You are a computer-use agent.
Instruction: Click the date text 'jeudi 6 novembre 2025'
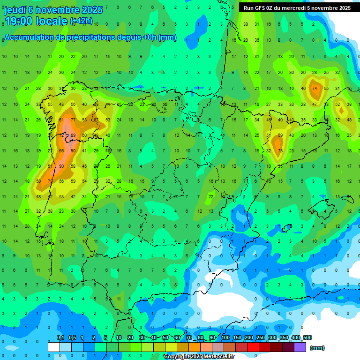[53, 10]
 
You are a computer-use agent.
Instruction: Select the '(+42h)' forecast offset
[81, 21]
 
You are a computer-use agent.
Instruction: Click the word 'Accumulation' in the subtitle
[31, 37]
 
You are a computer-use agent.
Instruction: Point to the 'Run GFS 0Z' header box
[297, 8]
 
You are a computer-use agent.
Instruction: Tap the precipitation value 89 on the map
[73, 135]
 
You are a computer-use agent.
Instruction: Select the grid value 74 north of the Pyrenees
[315, 88]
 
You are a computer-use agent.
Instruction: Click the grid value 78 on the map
[280, 150]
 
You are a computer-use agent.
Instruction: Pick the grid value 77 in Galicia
[73, 120]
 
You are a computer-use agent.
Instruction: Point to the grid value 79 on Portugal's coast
[50, 181]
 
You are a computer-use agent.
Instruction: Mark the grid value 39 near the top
[246, 24]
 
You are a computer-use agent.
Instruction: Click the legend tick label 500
[307, 337]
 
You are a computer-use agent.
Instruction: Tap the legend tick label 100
[225, 337]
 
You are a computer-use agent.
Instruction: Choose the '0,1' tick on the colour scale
[60, 337]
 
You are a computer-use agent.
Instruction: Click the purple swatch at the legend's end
[300, 347]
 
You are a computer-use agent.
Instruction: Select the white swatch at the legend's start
[54, 347]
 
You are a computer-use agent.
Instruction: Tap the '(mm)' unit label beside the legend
[317, 348]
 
